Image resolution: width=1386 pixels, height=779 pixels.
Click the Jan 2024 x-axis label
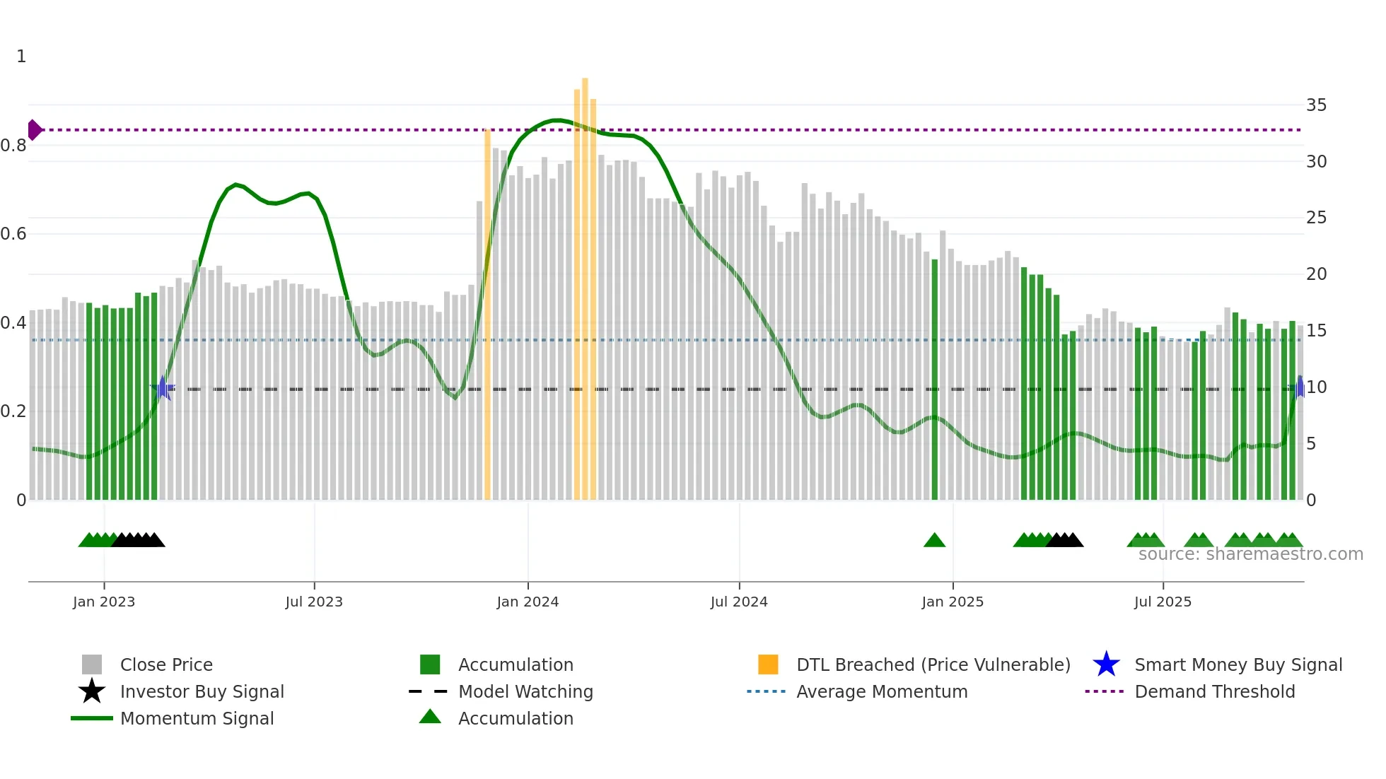pos(528,602)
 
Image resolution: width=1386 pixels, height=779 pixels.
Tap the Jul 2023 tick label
pos(314,602)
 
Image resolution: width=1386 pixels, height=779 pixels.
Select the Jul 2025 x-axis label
pos(1163,602)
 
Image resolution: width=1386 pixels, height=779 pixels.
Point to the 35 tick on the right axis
pos(1316,105)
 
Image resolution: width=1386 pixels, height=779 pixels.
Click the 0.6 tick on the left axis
pos(13,234)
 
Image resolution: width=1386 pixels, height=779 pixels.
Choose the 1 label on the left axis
pos(21,57)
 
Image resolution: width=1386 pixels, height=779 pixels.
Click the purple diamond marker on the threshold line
pos(34,130)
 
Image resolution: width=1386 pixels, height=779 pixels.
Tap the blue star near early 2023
pos(163,388)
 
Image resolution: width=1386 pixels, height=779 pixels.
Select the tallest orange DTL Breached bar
pos(585,283)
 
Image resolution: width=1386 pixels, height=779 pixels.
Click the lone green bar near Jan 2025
pos(935,382)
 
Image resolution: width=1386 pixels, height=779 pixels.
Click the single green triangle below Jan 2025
pos(934,541)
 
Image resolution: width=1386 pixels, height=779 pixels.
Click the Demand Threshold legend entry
pos(1214,691)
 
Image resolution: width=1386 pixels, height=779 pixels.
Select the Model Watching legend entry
pos(525,691)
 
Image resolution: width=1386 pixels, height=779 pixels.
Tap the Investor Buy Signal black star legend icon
pos(92,691)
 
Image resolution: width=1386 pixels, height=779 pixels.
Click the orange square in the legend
pos(768,664)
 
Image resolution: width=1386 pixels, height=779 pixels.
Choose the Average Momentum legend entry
pos(881,691)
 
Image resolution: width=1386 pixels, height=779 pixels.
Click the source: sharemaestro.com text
pos(1250,554)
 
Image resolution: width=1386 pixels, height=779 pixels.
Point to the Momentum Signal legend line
pos(92,718)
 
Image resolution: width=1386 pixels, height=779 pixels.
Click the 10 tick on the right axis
pos(1316,387)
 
